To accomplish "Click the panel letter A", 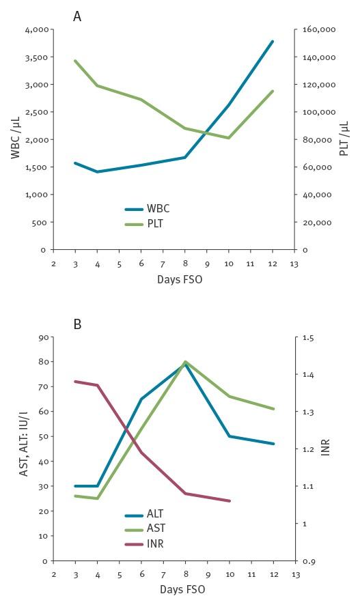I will [77, 16].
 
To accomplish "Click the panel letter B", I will [77, 324].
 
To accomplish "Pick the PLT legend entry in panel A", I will [155, 223].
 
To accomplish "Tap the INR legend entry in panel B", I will [155, 544].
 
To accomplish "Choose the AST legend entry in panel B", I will [156, 528].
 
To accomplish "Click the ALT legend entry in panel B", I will [155, 514].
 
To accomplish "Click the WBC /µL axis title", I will [15, 139].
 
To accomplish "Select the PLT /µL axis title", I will [344, 139].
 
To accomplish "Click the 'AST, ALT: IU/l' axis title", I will [24, 449].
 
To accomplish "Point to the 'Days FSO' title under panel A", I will [180, 279].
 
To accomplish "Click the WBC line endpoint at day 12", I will [273, 42].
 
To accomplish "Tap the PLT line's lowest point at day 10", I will [230, 138].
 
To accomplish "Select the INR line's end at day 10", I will [230, 501].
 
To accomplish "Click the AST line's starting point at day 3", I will [74, 496].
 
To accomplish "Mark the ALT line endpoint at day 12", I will [273, 444].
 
